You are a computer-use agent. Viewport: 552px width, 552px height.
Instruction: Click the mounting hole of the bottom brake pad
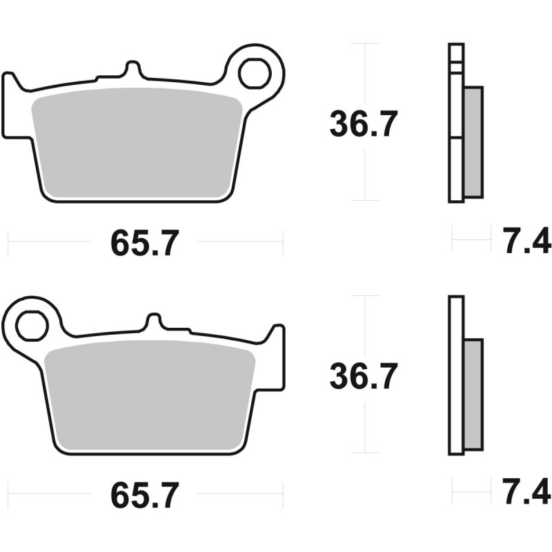pyautogui.click(x=32, y=326)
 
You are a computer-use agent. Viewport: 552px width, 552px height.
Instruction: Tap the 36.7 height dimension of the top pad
pyautogui.click(x=364, y=124)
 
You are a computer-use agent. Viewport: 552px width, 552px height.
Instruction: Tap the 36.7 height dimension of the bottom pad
pyautogui.click(x=364, y=376)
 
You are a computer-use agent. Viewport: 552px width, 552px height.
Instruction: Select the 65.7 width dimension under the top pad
pyautogui.click(x=145, y=243)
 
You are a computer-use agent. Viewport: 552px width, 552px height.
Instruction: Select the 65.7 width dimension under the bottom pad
pyautogui.click(x=145, y=495)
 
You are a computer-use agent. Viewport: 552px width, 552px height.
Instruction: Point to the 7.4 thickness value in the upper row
pyautogui.click(x=526, y=241)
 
